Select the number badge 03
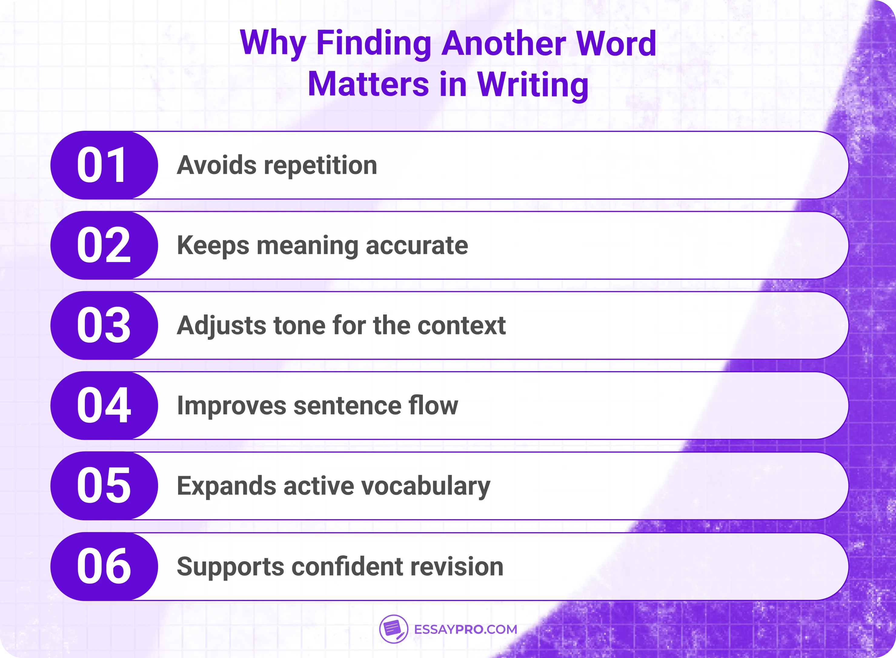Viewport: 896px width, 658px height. click(104, 325)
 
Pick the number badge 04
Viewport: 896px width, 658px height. click(104, 406)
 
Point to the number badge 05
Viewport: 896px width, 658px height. click(104, 486)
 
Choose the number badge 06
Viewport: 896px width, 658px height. click(104, 566)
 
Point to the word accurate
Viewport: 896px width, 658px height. click(416, 245)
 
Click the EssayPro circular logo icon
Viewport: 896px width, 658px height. click(393, 629)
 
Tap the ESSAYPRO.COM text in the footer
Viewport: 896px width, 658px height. click(466, 629)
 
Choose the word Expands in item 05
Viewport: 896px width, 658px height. click(226, 487)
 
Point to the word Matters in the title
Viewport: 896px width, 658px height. click(368, 84)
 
